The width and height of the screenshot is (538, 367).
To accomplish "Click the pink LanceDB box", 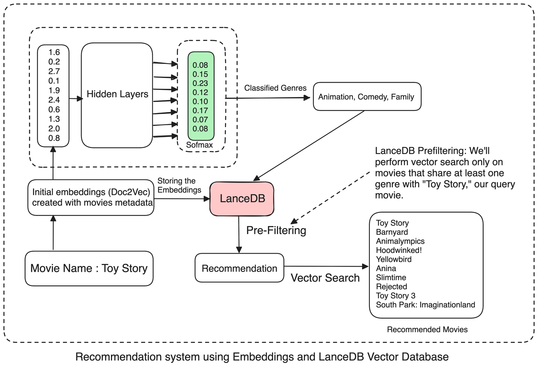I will (x=242, y=198).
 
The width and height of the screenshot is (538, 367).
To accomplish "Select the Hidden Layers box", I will (x=117, y=95).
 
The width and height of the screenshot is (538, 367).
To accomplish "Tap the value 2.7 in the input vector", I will (x=54, y=71).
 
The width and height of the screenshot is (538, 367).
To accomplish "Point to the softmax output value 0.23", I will (x=200, y=83).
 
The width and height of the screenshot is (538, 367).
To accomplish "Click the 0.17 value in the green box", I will (x=200, y=111).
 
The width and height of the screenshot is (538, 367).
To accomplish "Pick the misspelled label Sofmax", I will (x=199, y=145).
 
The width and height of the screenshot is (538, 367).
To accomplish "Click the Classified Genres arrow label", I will (x=275, y=88).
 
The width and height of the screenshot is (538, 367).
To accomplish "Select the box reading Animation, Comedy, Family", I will (x=367, y=97).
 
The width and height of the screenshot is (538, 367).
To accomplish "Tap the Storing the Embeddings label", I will (x=179, y=185).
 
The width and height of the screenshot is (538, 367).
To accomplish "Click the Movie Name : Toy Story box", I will (x=89, y=268).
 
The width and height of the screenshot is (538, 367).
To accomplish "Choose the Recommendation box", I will (x=239, y=268).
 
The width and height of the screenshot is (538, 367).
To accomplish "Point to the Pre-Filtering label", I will (x=276, y=230).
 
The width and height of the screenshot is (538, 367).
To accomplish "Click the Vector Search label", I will (x=325, y=278).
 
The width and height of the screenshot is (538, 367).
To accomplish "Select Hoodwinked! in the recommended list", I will (x=399, y=250).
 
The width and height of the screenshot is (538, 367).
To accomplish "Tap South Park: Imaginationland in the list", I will (x=425, y=305).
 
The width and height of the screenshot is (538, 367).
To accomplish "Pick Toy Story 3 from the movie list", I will (x=395, y=296).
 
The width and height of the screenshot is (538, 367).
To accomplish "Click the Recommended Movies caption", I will (x=427, y=330).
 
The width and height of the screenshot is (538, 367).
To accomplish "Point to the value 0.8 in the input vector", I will (x=54, y=138).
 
